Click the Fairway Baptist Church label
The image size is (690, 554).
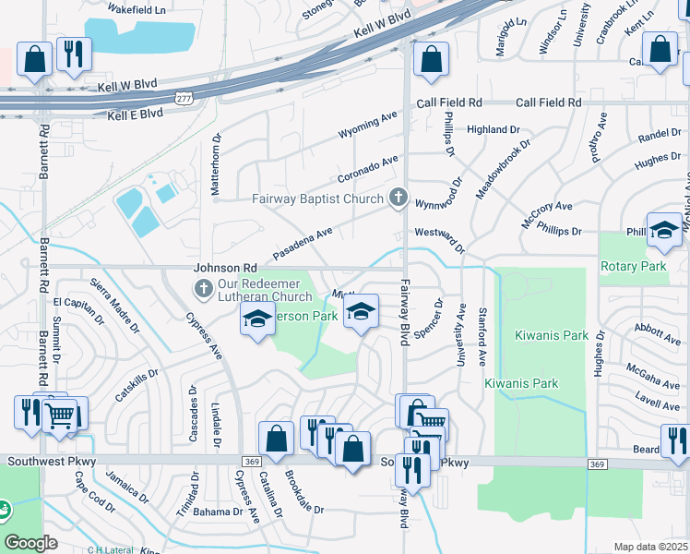pyautogui.click(x=317, y=199)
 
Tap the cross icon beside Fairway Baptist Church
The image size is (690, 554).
pyautogui.click(x=398, y=198)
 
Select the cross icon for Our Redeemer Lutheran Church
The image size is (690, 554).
pyautogui.click(x=204, y=290)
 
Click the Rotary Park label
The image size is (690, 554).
pyautogui.click(x=638, y=267)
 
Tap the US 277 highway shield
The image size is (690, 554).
pyautogui.click(x=185, y=96)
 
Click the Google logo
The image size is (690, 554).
pyautogui.click(x=30, y=542)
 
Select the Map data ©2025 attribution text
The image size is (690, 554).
pyautogui.click(x=650, y=547)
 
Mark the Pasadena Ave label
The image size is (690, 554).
pyautogui.click(x=302, y=245)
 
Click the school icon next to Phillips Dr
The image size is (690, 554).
pyautogui.click(x=664, y=231)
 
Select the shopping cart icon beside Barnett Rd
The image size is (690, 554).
pyautogui.click(x=60, y=415)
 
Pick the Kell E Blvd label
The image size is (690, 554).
pyautogui.click(x=135, y=114)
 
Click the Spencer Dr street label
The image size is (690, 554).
pyautogui.click(x=429, y=316)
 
